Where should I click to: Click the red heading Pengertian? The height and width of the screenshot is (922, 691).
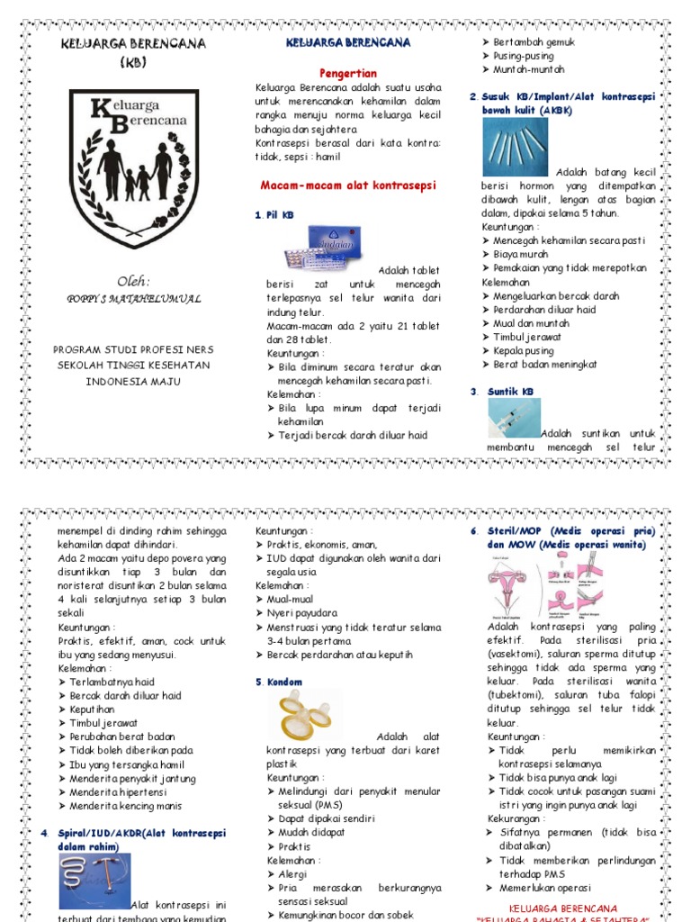click(x=348, y=73)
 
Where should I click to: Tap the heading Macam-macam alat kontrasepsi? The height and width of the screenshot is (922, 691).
click(x=347, y=185)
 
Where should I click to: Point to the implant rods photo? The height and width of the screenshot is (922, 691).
click(x=515, y=146)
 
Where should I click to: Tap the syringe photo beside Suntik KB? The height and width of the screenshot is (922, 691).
click(x=514, y=418)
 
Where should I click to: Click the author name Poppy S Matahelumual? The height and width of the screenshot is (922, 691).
click(x=134, y=299)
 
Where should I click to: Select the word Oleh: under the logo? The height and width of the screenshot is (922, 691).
click(x=133, y=279)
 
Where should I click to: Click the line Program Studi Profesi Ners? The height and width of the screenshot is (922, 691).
click(x=133, y=349)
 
